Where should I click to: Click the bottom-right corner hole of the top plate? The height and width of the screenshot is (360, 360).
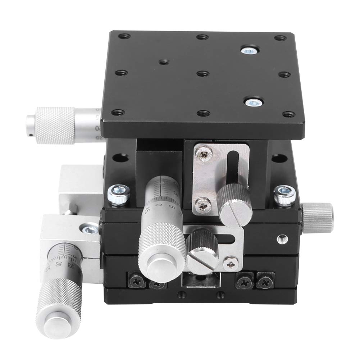287,115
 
